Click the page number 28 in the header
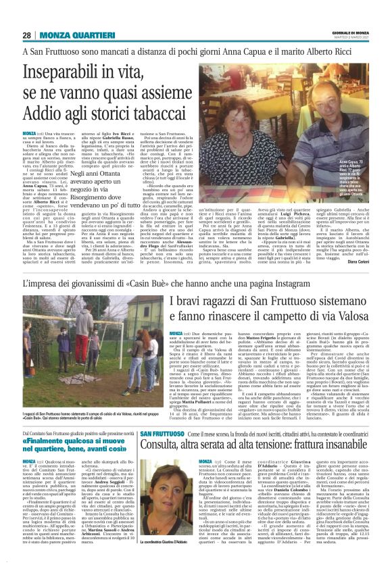pyautogui.click(x=27, y=35)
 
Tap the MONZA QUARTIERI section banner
pyautogui.click(x=71, y=35)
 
